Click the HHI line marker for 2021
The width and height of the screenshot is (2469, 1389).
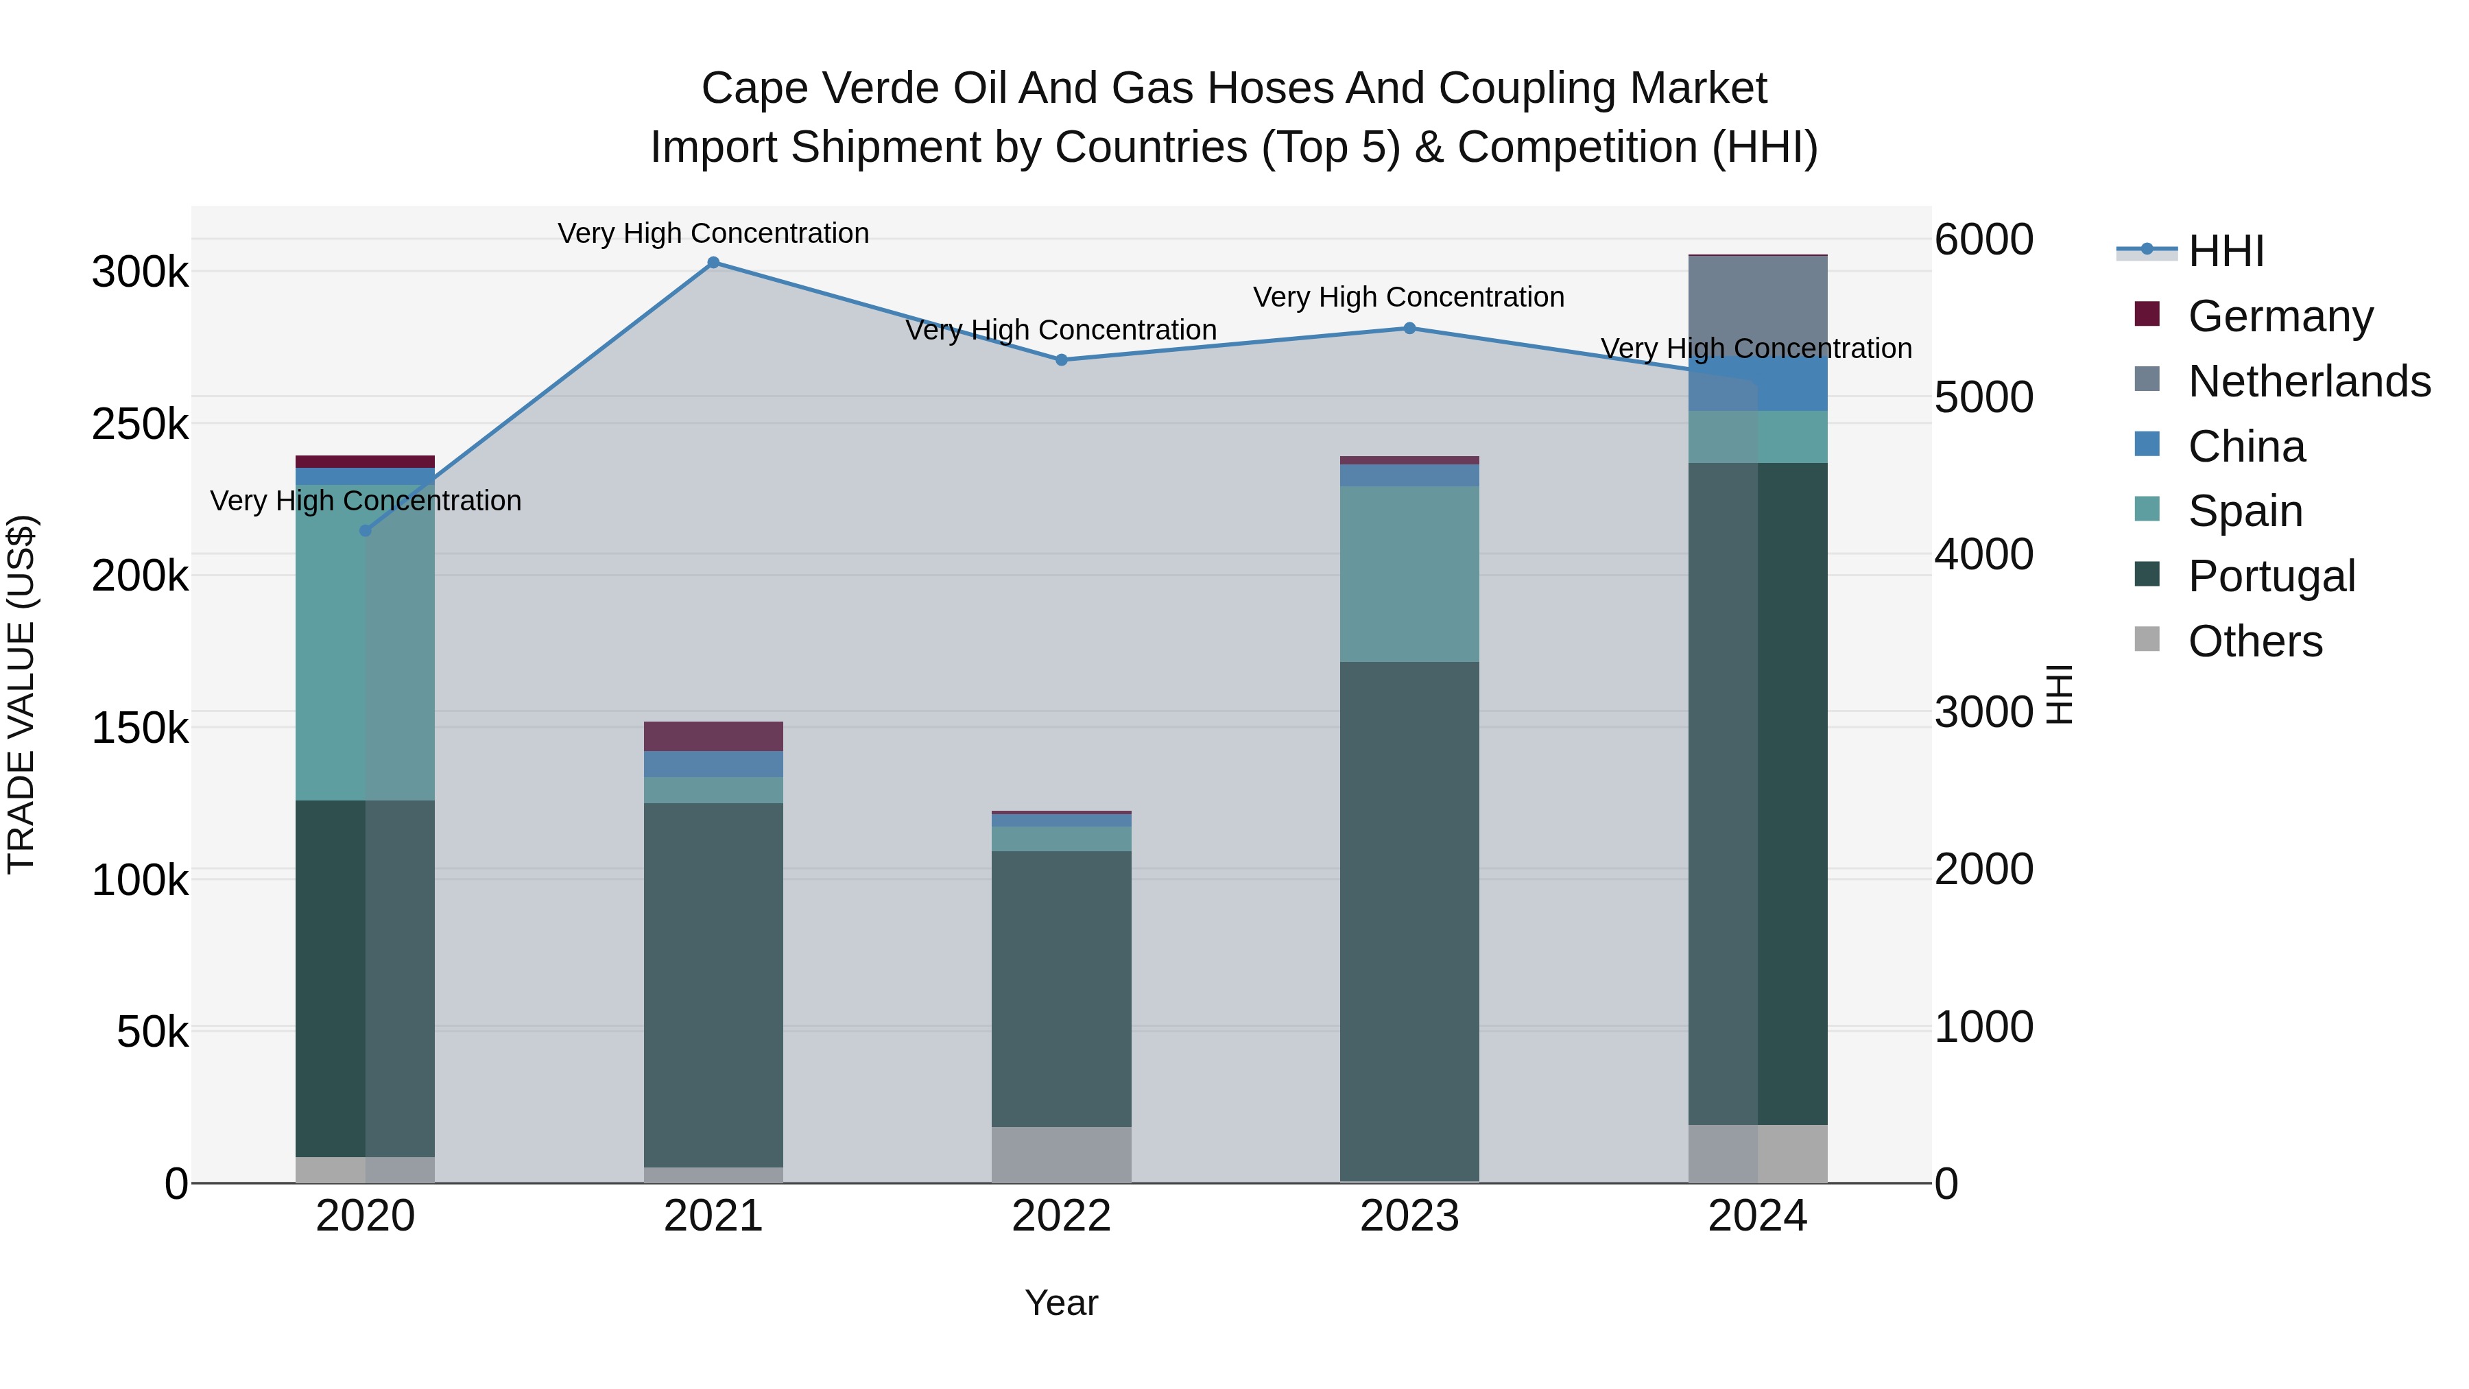point(713,263)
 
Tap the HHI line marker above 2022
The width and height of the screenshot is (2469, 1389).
point(1061,360)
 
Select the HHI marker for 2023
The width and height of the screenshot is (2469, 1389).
point(1409,328)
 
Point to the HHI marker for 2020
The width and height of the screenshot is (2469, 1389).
point(365,530)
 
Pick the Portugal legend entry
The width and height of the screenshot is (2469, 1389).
point(2271,576)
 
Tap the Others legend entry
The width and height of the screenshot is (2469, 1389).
point(2254,641)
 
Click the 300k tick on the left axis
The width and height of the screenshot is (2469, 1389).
point(140,272)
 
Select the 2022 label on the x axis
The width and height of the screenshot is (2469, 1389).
point(1061,1216)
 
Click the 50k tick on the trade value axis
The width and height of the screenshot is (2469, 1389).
point(152,1032)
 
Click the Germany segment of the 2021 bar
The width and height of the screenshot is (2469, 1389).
point(713,736)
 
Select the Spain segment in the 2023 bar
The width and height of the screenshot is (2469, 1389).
point(1409,573)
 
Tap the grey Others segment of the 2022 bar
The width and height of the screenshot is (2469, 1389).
point(1061,1154)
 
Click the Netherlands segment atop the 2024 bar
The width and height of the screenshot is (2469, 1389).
point(1758,305)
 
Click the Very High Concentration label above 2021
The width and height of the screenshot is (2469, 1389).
point(713,234)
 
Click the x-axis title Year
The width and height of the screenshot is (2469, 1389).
point(1061,1303)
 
